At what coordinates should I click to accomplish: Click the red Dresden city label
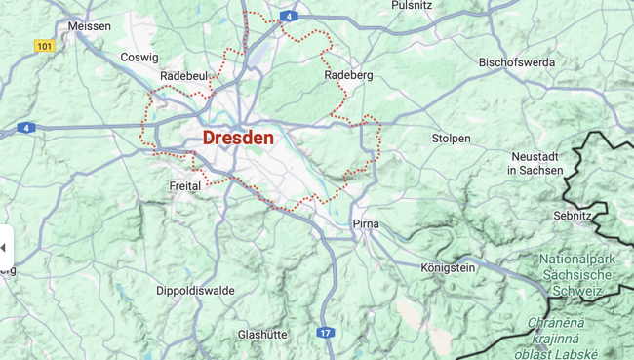pyautogui.click(x=238, y=138)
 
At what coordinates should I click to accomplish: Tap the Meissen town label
pyautogui.click(x=88, y=26)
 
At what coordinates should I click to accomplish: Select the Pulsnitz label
pyautogui.click(x=411, y=5)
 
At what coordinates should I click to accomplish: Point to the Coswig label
pyautogui.click(x=139, y=58)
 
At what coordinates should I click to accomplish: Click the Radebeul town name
pyautogui.click(x=184, y=76)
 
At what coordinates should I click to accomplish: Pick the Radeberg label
pyautogui.click(x=348, y=75)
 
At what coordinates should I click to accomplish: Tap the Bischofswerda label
pyautogui.click(x=516, y=62)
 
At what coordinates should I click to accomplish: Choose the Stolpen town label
pyautogui.click(x=451, y=139)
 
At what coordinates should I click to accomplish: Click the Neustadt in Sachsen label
pyautogui.click(x=536, y=163)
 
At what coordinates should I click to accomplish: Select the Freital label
pyautogui.click(x=184, y=185)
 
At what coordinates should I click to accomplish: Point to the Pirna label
pyautogui.click(x=366, y=224)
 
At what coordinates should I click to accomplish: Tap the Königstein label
pyautogui.click(x=448, y=267)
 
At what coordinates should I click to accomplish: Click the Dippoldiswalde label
pyautogui.click(x=195, y=291)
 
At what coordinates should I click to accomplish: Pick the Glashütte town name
pyautogui.click(x=262, y=335)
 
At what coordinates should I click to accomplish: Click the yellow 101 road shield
pyautogui.click(x=44, y=46)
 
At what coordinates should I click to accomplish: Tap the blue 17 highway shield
pyautogui.click(x=325, y=334)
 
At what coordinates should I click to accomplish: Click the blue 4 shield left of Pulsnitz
pyautogui.click(x=289, y=17)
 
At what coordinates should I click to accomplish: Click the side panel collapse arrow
pyautogui.click(x=4, y=248)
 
